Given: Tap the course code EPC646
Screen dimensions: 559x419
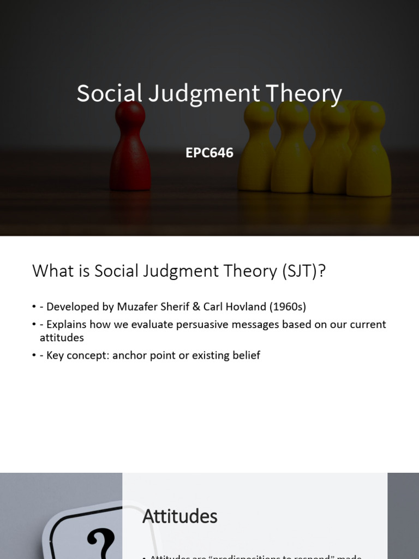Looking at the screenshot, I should pos(209,153).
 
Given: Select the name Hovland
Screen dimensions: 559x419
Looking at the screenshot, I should pos(257,306).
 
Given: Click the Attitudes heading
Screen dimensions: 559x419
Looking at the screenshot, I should pos(180,516).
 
